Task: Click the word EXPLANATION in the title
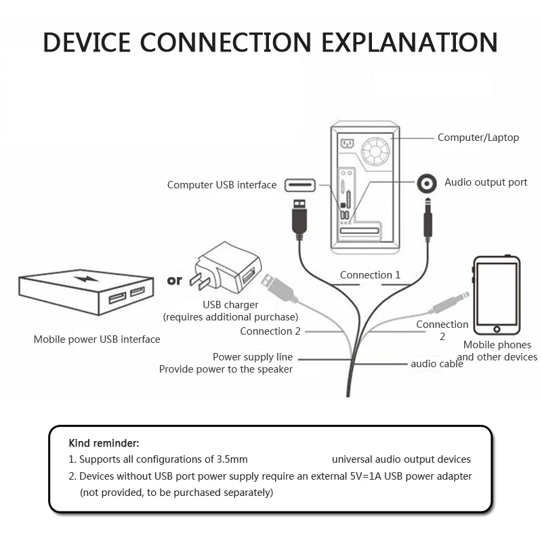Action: [409, 41]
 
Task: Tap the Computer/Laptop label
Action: [478, 138]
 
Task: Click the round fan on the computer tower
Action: [376, 150]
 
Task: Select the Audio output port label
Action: [486, 182]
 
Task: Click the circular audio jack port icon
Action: [428, 183]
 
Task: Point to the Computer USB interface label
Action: [222, 185]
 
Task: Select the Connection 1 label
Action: [370, 275]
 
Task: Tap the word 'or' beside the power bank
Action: [174, 280]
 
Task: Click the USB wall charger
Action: [227, 270]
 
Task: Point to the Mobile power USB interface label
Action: [97, 339]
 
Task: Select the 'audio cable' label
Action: [437, 364]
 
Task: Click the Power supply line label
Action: [253, 357]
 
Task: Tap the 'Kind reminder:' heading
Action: [104, 443]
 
